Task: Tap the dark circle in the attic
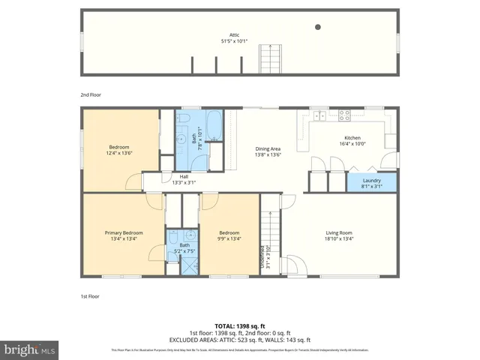[x=318, y=27]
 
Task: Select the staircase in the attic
[x=268, y=58]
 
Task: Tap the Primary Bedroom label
[x=124, y=236]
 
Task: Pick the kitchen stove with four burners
[x=346, y=115]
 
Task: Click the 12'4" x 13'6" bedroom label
[x=119, y=150]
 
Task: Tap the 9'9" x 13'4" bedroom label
[x=229, y=236]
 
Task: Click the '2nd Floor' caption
[x=91, y=95]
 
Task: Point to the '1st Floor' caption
[x=91, y=296]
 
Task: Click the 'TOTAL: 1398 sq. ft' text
[x=240, y=325]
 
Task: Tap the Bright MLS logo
[x=30, y=349]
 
